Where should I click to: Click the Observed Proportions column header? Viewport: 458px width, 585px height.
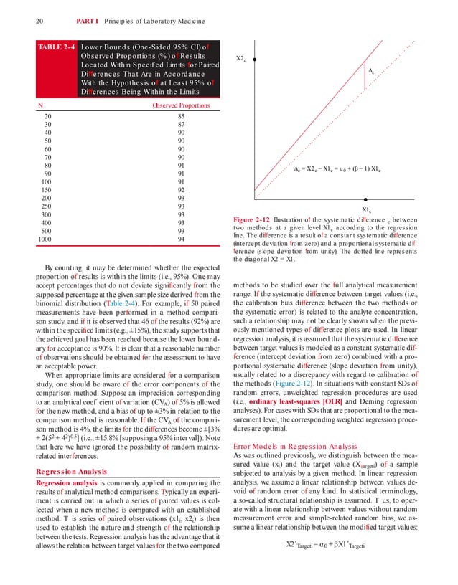point(181,105)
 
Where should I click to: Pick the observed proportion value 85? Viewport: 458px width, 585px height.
point(182,116)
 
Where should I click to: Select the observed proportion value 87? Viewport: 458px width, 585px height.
point(182,124)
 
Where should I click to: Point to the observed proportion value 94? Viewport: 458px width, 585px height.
point(182,239)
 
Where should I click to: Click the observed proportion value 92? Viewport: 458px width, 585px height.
point(182,190)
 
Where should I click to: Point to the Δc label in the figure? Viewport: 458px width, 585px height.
point(371,72)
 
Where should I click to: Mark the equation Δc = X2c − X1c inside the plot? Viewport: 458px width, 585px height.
point(337,168)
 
